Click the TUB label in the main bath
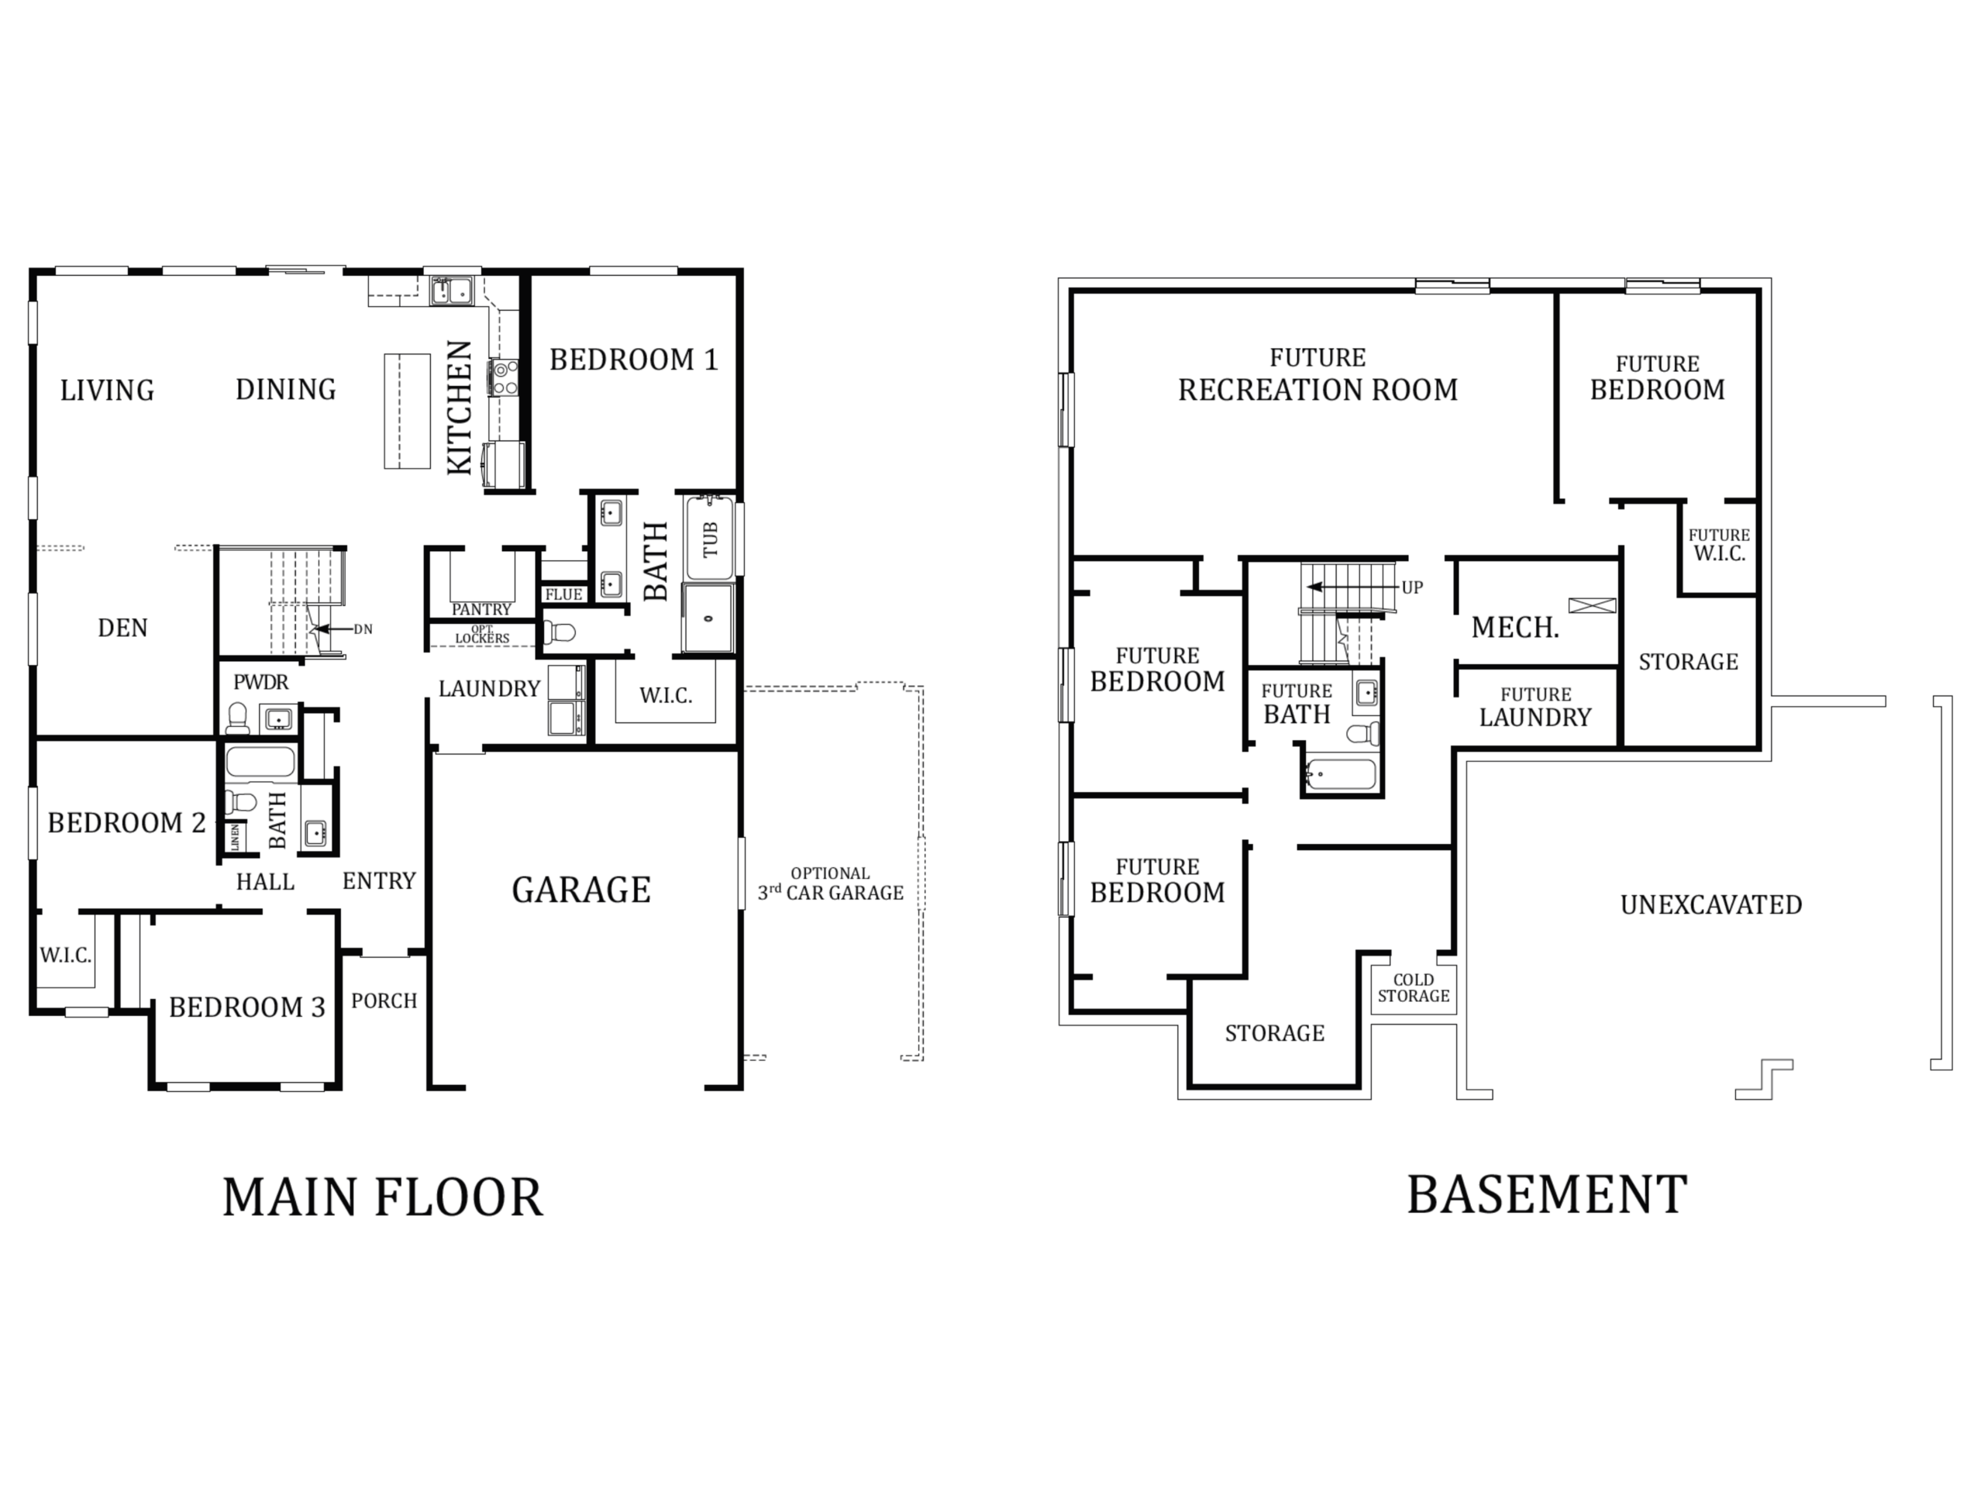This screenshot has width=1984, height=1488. (711, 540)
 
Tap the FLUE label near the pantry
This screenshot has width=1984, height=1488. (563, 594)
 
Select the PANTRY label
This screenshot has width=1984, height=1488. (481, 610)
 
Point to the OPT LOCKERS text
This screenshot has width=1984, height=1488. (481, 634)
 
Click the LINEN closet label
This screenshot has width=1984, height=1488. (236, 837)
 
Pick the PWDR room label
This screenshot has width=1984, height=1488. (261, 683)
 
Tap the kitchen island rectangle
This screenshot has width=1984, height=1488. (407, 411)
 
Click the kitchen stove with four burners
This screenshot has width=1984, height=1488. (502, 377)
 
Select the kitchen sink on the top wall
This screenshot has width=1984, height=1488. (451, 291)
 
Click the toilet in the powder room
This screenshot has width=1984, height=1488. (238, 718)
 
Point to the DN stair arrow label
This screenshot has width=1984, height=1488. (363, 629)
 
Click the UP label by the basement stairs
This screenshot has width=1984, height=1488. (1412, 588)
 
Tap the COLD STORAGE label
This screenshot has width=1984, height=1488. (1414, 987)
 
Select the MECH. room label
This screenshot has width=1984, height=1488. (1515, 628)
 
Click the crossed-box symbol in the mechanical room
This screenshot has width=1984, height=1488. (1592, 605)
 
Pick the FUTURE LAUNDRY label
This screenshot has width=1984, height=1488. (1535, 707)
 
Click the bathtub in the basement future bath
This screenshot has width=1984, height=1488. (1341, 775)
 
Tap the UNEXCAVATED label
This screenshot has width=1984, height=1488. (1710, 905)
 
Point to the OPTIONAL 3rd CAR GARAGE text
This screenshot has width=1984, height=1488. (831, 883)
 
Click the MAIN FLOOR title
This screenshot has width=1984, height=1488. (383, 1197)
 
